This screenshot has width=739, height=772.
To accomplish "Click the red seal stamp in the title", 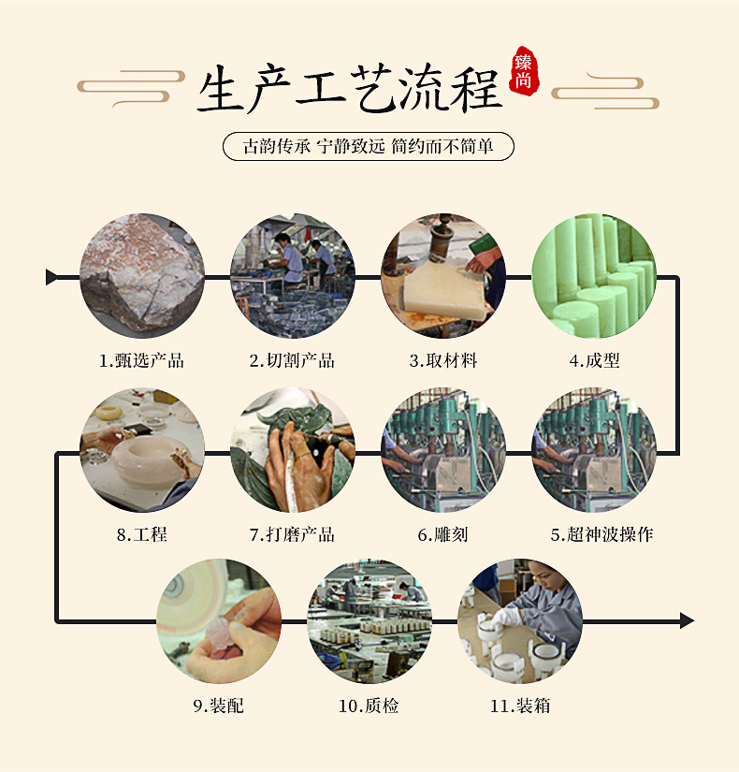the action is (524, 72).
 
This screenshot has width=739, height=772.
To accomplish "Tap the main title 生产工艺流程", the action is (351, 89).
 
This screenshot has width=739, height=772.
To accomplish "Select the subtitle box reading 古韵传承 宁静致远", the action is (369, 146).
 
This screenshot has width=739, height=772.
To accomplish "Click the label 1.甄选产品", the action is (142, 360).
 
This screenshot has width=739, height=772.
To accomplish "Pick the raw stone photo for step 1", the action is (142, 276).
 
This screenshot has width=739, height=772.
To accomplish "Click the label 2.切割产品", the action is (293, 360).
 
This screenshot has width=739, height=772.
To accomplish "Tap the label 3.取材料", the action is (443, 360).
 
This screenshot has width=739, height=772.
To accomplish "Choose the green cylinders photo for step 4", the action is (594, 276).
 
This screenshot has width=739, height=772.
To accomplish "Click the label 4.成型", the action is (594, 360).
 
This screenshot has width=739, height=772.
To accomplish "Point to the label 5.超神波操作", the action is (601, 534).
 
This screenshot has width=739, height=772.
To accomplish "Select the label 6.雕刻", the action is (443, 534).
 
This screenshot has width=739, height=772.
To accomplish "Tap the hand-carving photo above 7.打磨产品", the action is (293, 450).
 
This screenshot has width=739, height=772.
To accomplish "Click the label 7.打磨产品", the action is (293, 534).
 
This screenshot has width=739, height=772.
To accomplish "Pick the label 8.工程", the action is (142, 534).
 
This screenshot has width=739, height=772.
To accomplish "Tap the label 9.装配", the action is (219, 706).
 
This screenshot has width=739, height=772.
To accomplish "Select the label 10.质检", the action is (369, 706).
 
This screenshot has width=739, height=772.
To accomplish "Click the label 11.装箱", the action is (520, 706).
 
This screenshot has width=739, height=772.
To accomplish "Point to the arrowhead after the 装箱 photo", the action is (687, 620).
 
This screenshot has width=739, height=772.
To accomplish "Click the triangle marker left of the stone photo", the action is (51, 277).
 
